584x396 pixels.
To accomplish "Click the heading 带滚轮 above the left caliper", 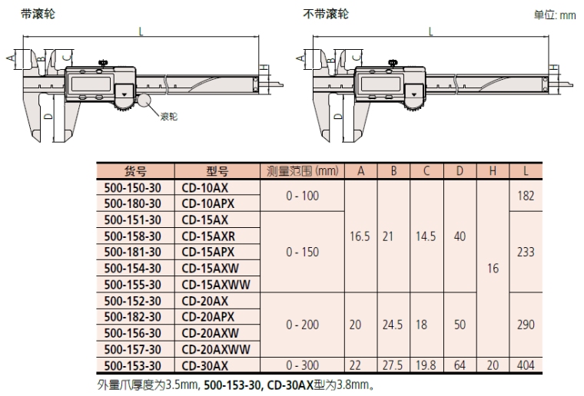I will point(38,15).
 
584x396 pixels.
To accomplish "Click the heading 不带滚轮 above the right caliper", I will point(326,15).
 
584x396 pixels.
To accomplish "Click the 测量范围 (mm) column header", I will point(301,170).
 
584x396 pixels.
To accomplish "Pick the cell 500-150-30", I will point(132,188).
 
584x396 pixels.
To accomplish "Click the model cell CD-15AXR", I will point(208,236).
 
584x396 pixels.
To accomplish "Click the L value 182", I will point(526,196).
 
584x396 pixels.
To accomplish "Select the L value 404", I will point(526,366).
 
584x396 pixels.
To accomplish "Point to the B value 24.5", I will point(393,325).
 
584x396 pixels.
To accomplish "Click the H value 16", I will point(493,269).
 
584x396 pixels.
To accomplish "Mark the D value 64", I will point(460,366).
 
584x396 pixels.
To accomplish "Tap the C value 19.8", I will point(426,366).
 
